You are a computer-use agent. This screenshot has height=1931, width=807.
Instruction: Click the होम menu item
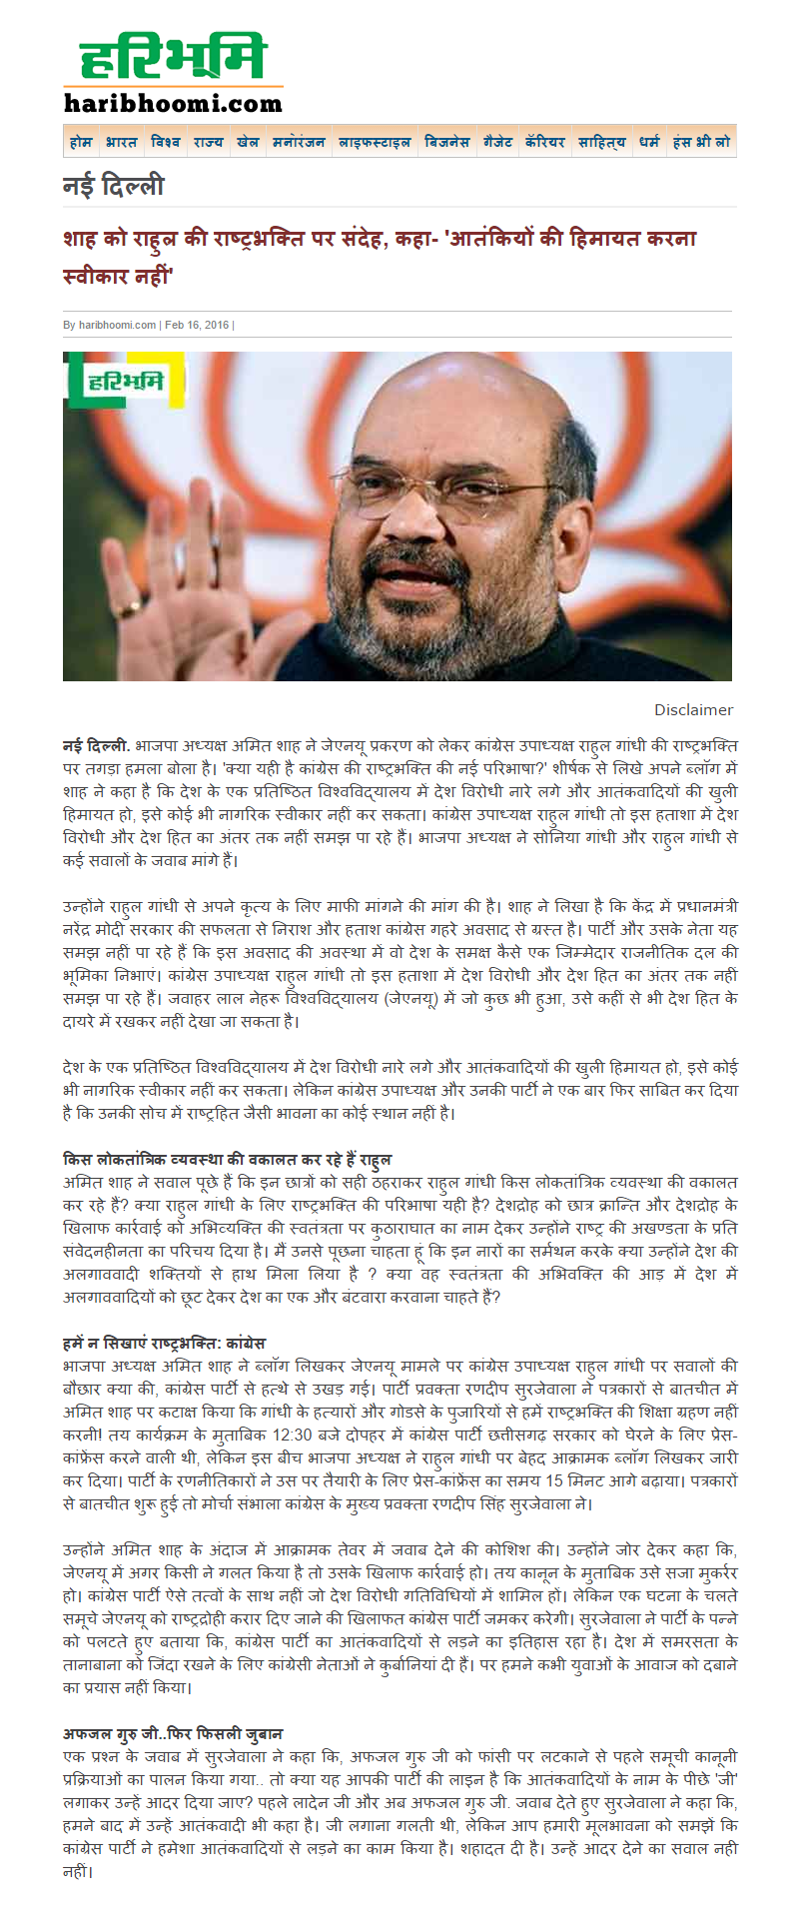click(81, 142)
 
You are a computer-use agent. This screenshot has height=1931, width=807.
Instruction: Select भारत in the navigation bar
click(121, 142)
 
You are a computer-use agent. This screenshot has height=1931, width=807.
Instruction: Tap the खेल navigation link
click(248, 142)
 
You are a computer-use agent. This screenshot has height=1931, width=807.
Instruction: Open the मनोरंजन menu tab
click(299, 142)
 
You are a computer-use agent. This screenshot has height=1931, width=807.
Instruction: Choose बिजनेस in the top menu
click(446, 142)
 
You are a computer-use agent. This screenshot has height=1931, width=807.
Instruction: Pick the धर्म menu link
click(649, 142)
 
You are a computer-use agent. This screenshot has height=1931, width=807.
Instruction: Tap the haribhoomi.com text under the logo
click(173, 103)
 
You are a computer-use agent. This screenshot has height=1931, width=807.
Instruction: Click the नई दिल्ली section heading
click(113, 187)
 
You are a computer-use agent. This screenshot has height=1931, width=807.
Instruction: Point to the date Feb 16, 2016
click(197, 325)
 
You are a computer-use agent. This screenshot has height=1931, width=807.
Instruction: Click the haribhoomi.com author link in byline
click(117, 325)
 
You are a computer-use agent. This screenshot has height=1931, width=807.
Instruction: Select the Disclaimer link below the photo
click(693, 710)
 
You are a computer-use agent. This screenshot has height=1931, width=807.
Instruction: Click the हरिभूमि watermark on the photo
click(126, 381)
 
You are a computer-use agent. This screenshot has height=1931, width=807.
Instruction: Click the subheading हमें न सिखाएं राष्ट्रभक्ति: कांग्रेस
click(164, 1343)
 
